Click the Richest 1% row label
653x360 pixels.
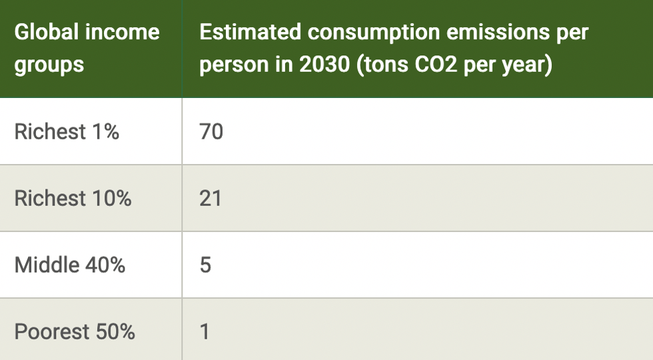click(x=67, y=132)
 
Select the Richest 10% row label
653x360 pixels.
click(x=73, y=199)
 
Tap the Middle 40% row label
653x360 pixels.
click(x=70, y=265)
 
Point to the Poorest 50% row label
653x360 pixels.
click(x=75, y=332)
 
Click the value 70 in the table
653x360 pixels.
click(x=211, y=132)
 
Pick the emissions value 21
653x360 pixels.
click(x=211, y=199)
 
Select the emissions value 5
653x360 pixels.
click(x=205, y=265)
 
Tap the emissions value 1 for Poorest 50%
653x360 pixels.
click(x=205, y=332)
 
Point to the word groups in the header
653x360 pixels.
click(x=49, y=65)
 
